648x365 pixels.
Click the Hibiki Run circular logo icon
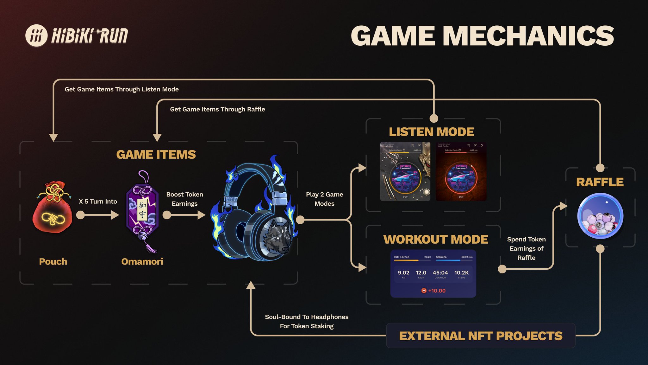(36, 35)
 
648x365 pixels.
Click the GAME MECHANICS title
(482, 35)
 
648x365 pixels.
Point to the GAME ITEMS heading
(156, 155)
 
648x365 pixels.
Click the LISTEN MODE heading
(431, 132)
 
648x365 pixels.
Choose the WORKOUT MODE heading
(436, 240)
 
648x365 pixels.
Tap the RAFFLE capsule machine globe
(600, 216)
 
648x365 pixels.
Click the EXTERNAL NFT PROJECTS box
(481, 336)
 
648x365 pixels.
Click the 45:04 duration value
(440, 272)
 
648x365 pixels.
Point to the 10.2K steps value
(461, 272)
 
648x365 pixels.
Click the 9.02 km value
(403, 272)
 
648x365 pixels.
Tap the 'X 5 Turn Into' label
(98, 202)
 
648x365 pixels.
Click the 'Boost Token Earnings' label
(185, 199)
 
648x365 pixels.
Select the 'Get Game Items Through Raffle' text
(217, 109)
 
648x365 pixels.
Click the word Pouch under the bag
(53, 262)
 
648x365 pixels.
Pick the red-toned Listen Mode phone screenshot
(461, 171)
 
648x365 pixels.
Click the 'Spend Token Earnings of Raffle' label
(526, 248)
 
